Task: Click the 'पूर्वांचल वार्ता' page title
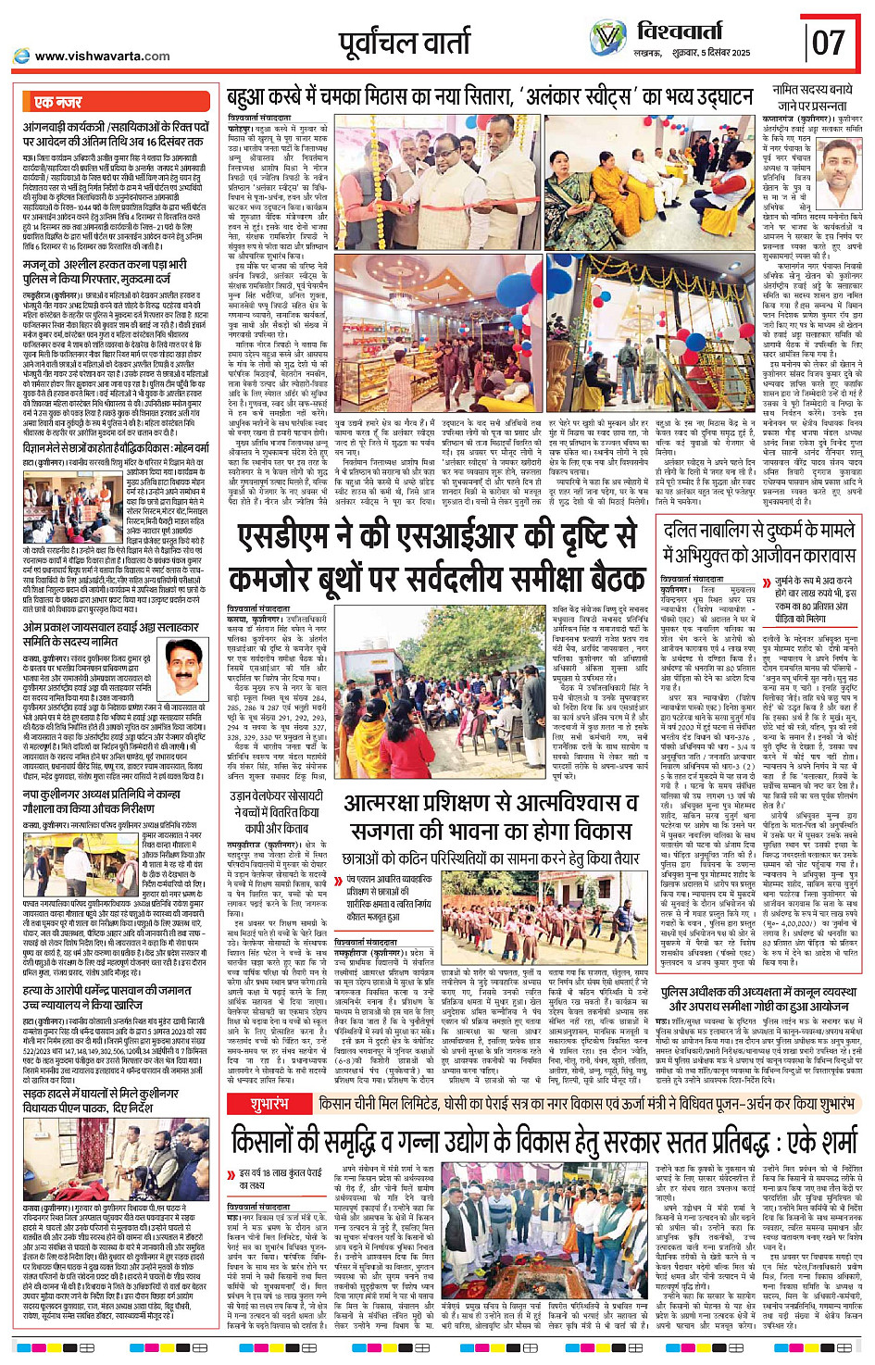tap(406, 44)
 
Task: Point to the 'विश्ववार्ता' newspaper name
tap(693, 32)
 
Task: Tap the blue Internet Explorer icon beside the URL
tap(20, 56)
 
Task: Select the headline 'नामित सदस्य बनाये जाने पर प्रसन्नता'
tap(813, 97)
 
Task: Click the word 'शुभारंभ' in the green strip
tap(269, 1105)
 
